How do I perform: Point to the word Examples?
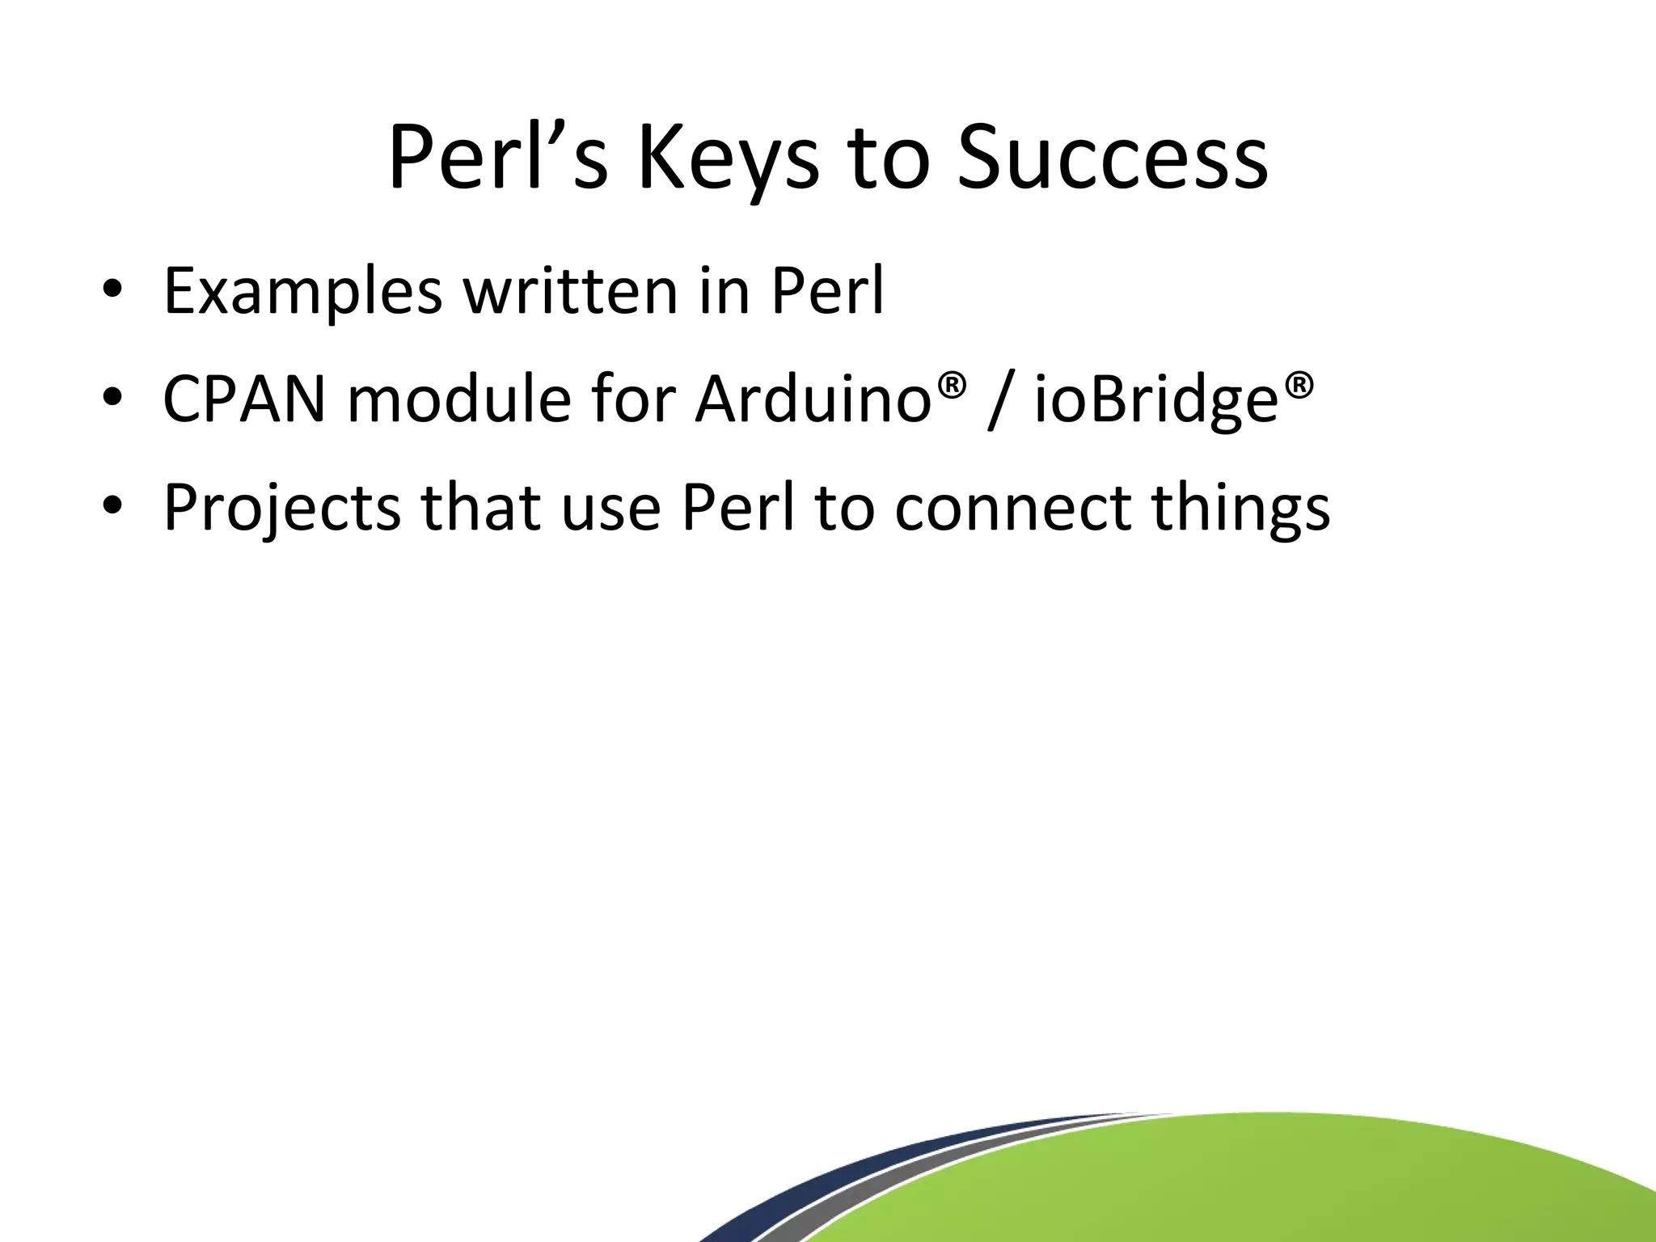(x=302, y=292)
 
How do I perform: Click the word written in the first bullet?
(x=570, y=290)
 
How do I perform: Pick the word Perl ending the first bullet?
(x=827, y=290)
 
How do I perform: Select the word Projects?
(x=281, y=509)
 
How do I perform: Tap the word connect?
(x=1012, y=509)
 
